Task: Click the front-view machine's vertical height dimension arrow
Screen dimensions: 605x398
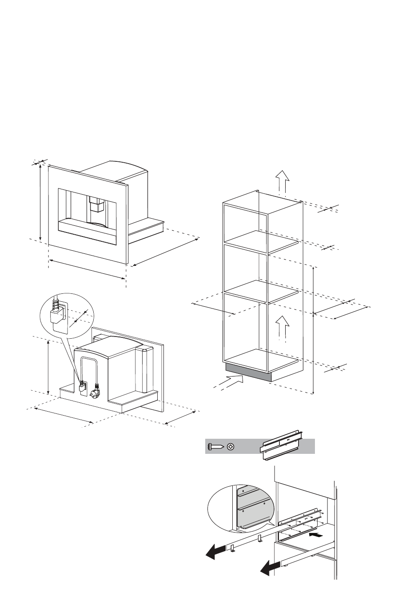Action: (x=40, y=202)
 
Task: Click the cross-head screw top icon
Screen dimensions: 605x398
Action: (x=231, y=446)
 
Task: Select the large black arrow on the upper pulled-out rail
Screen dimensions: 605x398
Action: (x=214, y=553)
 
